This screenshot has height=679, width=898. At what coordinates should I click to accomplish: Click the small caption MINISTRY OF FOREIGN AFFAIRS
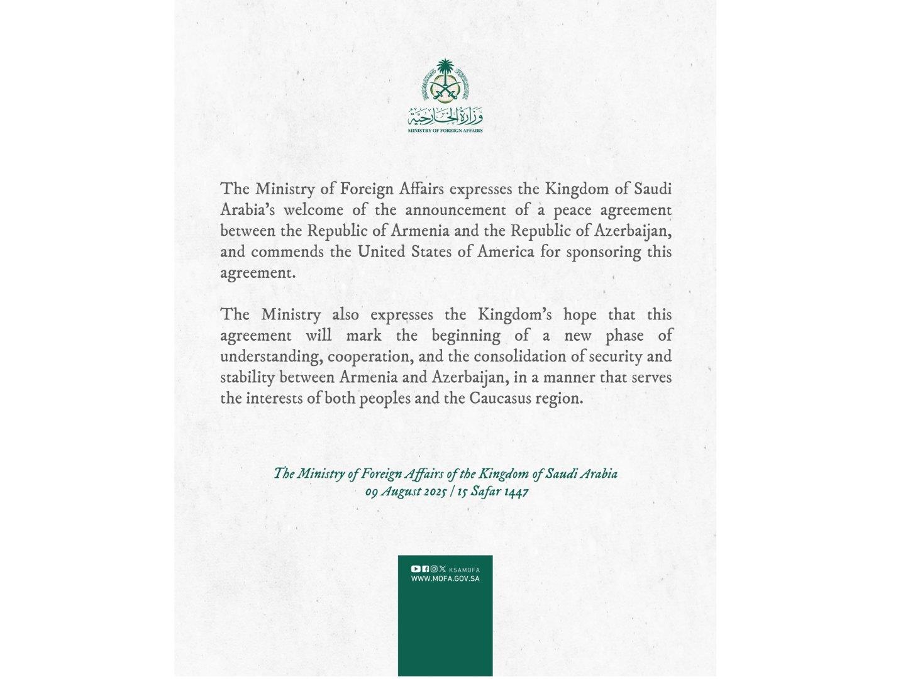(445, 131)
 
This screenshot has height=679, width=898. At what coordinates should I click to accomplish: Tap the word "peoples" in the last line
(384, 399)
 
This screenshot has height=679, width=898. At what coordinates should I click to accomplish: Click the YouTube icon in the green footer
(416, 569)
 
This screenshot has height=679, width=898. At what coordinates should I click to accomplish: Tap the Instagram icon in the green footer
(434, 569)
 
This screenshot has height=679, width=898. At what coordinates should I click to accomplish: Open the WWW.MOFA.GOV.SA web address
(445, 578)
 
